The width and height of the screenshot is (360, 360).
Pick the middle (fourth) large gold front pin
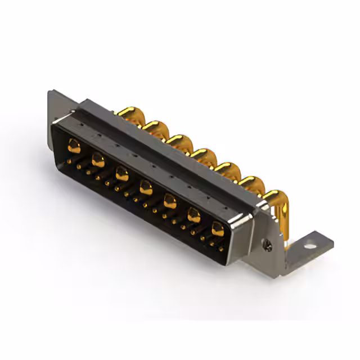point(146,186)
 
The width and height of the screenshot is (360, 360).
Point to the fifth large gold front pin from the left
point(170,200)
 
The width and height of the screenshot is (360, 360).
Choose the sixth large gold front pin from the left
point(194,214)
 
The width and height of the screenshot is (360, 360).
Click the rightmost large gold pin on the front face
point(218,228)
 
